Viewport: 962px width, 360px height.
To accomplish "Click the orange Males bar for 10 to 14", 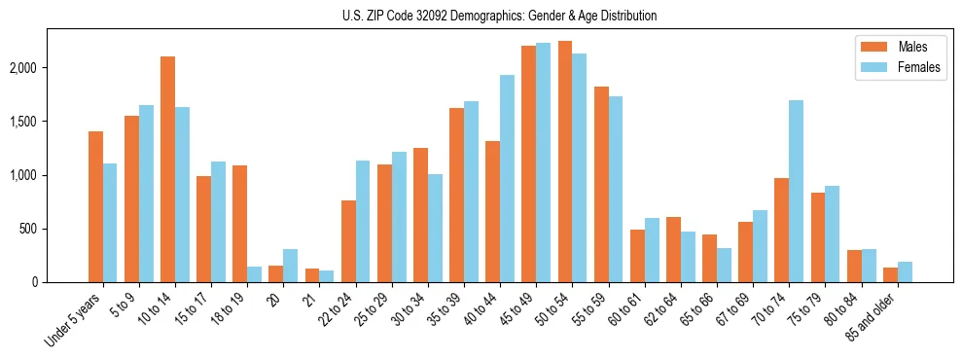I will [x=167, y=169].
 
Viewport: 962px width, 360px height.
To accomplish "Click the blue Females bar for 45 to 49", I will [x=543, y=162].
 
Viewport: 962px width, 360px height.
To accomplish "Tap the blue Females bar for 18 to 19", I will [x=254, y=274].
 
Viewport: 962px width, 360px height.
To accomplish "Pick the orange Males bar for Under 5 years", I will [x=95, y=206].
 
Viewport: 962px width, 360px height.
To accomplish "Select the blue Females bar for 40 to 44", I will [x=507, y=179].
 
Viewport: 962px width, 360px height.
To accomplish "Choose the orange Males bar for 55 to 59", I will [x=600, y=185].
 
